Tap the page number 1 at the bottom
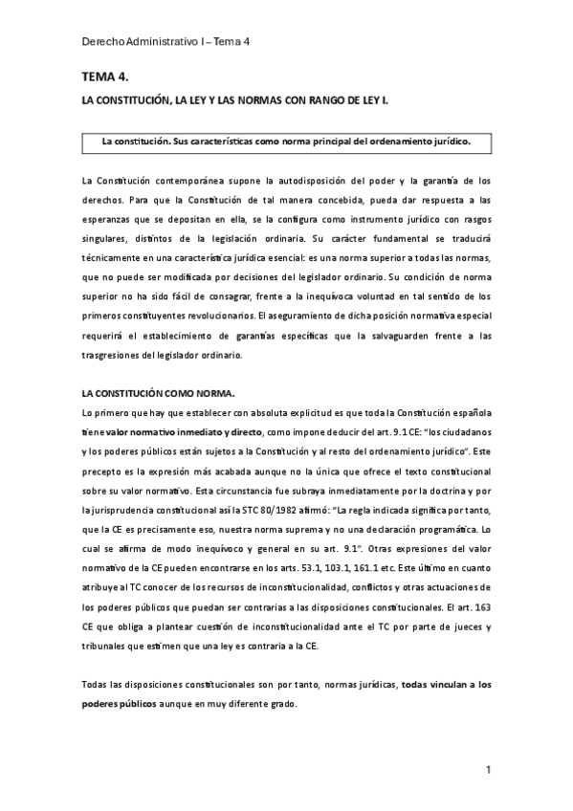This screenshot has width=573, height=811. pyautogui.click(x=488, y=769)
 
